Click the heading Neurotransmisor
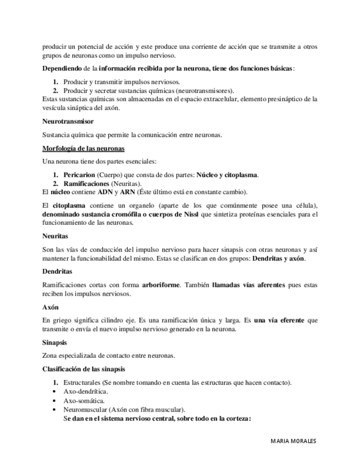coord(68,121)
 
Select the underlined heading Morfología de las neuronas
coord(83,148)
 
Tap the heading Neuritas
coord(55,236)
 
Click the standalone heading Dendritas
coord(57,271)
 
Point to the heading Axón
coord(50,307)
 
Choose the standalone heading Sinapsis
coord(54,342)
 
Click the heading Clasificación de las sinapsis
coord(84,369)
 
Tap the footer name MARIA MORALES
coord(293,441)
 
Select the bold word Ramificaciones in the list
coord(86,183)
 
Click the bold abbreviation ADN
coord(104,192)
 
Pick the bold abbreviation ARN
coord(128,192)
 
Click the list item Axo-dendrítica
coord(86,391)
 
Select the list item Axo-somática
coord(84,401)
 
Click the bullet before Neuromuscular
coord(54,409)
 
